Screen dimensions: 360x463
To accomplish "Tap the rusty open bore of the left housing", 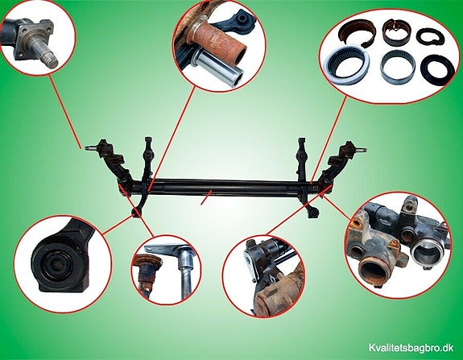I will tap(374, 267).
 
